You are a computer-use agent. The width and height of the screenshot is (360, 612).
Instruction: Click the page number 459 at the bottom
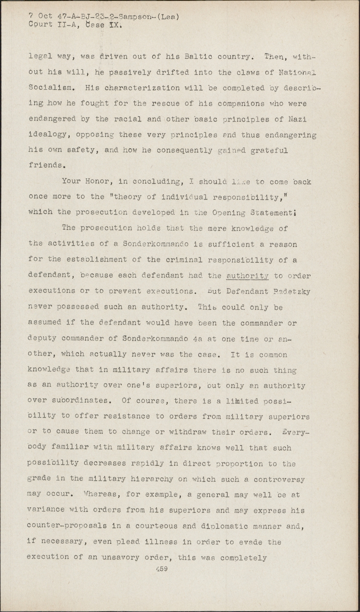162,569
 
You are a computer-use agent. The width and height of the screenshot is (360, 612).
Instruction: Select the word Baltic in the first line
197,57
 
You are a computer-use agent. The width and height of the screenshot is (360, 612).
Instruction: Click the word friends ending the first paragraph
47,166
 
